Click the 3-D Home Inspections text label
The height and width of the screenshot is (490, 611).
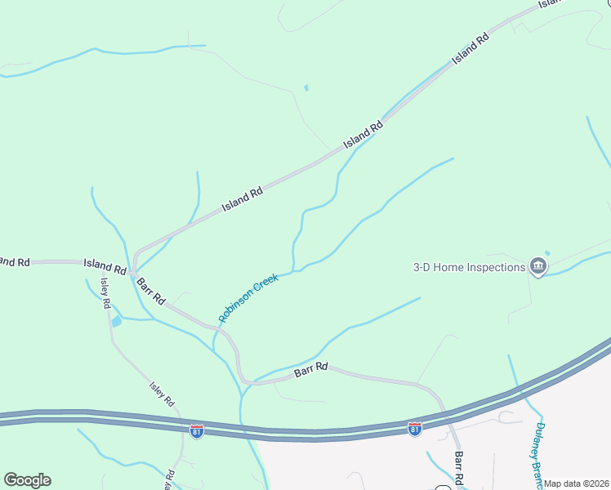[469, 267]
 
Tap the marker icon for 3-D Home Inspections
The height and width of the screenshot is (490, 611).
[537, 267]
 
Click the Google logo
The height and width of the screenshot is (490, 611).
[27, 480]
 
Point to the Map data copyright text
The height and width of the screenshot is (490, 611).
[577, 483]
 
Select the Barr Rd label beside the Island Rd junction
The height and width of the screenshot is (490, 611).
[151, 292]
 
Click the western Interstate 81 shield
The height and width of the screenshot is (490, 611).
[197, 430]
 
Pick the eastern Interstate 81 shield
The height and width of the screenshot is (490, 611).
[415, 429]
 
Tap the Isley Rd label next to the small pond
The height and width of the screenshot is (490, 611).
[106, 292]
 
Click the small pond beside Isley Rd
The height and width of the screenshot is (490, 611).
[116, 321]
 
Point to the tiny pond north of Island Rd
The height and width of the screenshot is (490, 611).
[305, 87]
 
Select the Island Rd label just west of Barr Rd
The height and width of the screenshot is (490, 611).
[104, 265]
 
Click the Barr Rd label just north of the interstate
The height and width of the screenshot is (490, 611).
[310, 368]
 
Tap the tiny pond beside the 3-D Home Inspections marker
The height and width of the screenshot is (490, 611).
[546, 252]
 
